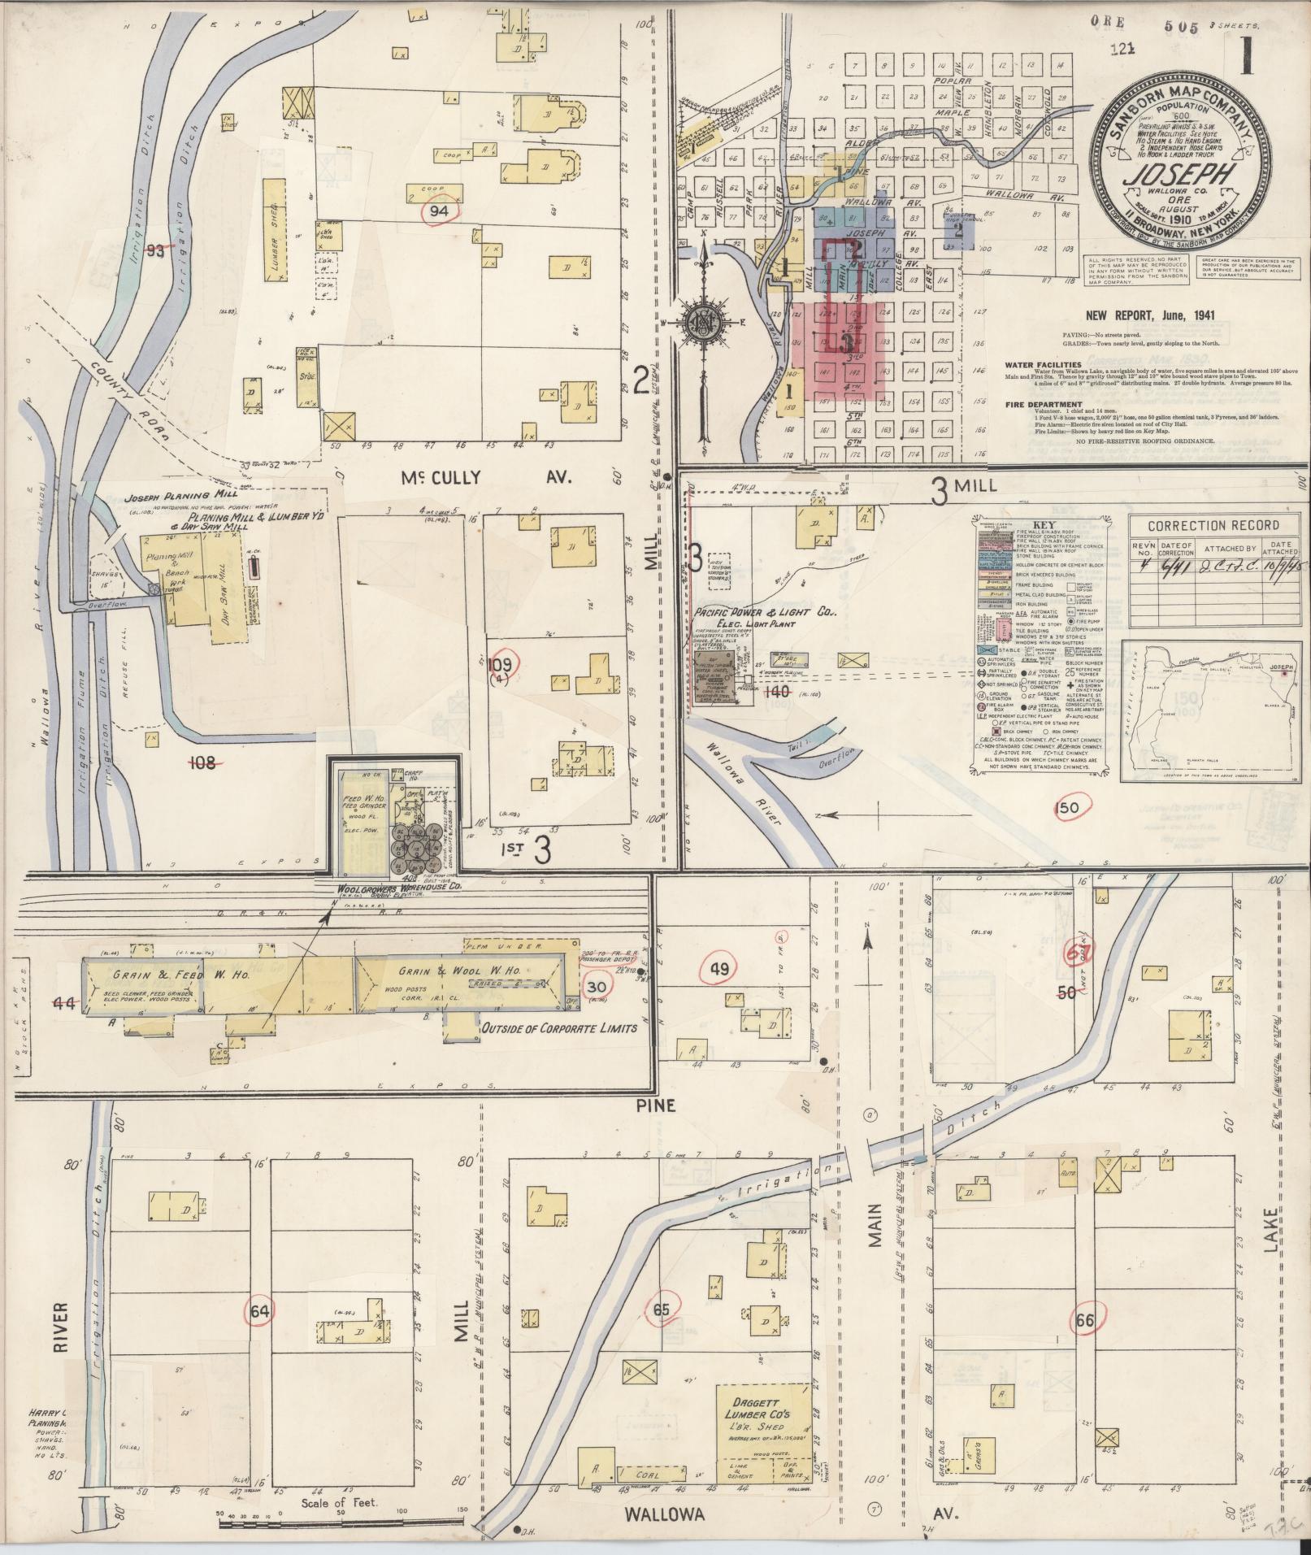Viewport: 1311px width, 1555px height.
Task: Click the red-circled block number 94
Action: pos(440,211)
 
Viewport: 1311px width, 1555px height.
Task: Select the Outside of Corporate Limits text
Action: pos(559,1027)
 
